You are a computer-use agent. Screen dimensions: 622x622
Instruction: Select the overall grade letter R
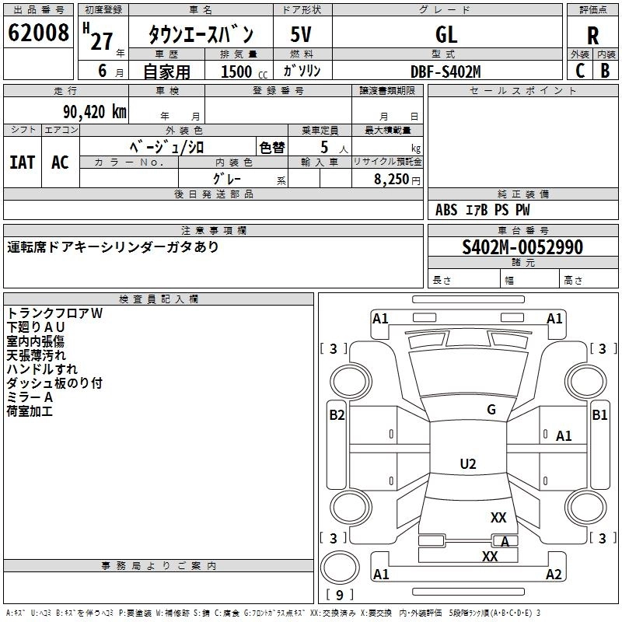[593, 34]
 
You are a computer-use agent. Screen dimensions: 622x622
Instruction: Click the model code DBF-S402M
[446, 72]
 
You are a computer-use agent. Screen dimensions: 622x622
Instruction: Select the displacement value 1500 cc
[239, 72]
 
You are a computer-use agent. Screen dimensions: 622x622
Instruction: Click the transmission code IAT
[22, 162]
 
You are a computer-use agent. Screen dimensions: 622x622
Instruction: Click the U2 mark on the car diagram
[468, 464]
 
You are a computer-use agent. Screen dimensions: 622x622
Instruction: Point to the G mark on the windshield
[491, 410]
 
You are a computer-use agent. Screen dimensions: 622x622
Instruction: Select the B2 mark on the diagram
[337, 415]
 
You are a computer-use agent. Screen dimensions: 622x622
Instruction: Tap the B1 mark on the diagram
[599, 415]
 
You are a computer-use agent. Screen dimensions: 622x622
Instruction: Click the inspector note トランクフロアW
[54, 313]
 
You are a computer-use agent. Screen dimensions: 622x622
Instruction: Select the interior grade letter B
[605, 71]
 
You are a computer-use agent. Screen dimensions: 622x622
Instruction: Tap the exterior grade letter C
[580, 71]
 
